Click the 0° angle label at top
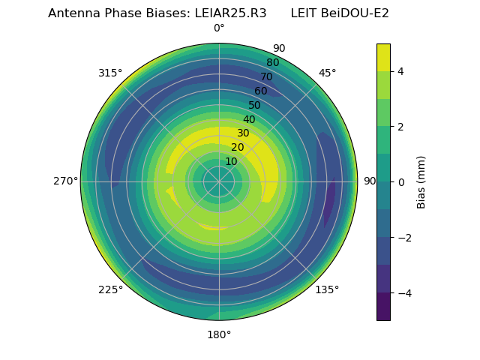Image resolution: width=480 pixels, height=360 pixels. [x=219, y=28]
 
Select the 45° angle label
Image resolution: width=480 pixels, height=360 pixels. [x=327, y=73]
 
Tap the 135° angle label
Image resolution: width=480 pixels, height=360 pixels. [x=327, y=289]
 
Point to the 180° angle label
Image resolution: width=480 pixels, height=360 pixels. [x=219, y=334]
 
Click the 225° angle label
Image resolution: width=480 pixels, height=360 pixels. [x=110, y=289]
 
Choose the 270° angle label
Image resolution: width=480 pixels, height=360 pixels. [x=66, y=181]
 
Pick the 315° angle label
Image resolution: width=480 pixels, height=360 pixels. [x=110, y=73]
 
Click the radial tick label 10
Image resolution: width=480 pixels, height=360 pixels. [x=231, y=161]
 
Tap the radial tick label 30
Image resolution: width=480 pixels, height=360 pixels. [x=243, y=133]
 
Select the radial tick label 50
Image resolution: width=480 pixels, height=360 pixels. [x=255, y=105]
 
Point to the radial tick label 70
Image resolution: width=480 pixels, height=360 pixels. [x=266, y=76]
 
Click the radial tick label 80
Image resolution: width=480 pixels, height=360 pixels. [x=272, y=62]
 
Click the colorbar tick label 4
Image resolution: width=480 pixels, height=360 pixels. [x=400, y=71]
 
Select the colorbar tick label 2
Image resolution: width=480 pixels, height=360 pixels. [x=400, y=127]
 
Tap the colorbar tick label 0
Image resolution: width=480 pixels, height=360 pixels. [x=400, y=182]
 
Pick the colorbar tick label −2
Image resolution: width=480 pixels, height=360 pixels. [x=403, y=238]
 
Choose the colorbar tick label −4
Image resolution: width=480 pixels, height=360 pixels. [x=403, y=293]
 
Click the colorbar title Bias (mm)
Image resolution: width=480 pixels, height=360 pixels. [x=421, y=182]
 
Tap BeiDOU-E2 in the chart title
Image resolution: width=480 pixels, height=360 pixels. [x=355, y=13]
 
